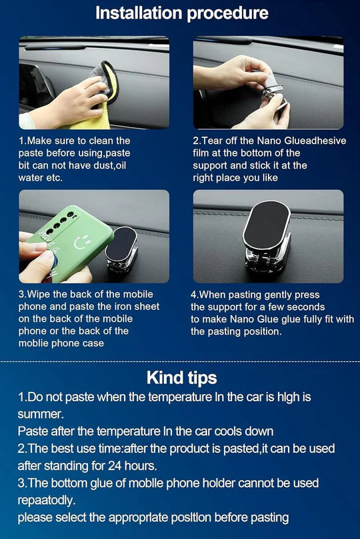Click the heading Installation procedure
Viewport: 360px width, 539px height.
181,13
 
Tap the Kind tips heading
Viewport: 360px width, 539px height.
181,378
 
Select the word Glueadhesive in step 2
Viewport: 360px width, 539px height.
310,141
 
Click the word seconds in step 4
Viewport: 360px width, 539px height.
307,306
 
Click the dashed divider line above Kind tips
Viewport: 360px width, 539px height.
180,361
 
